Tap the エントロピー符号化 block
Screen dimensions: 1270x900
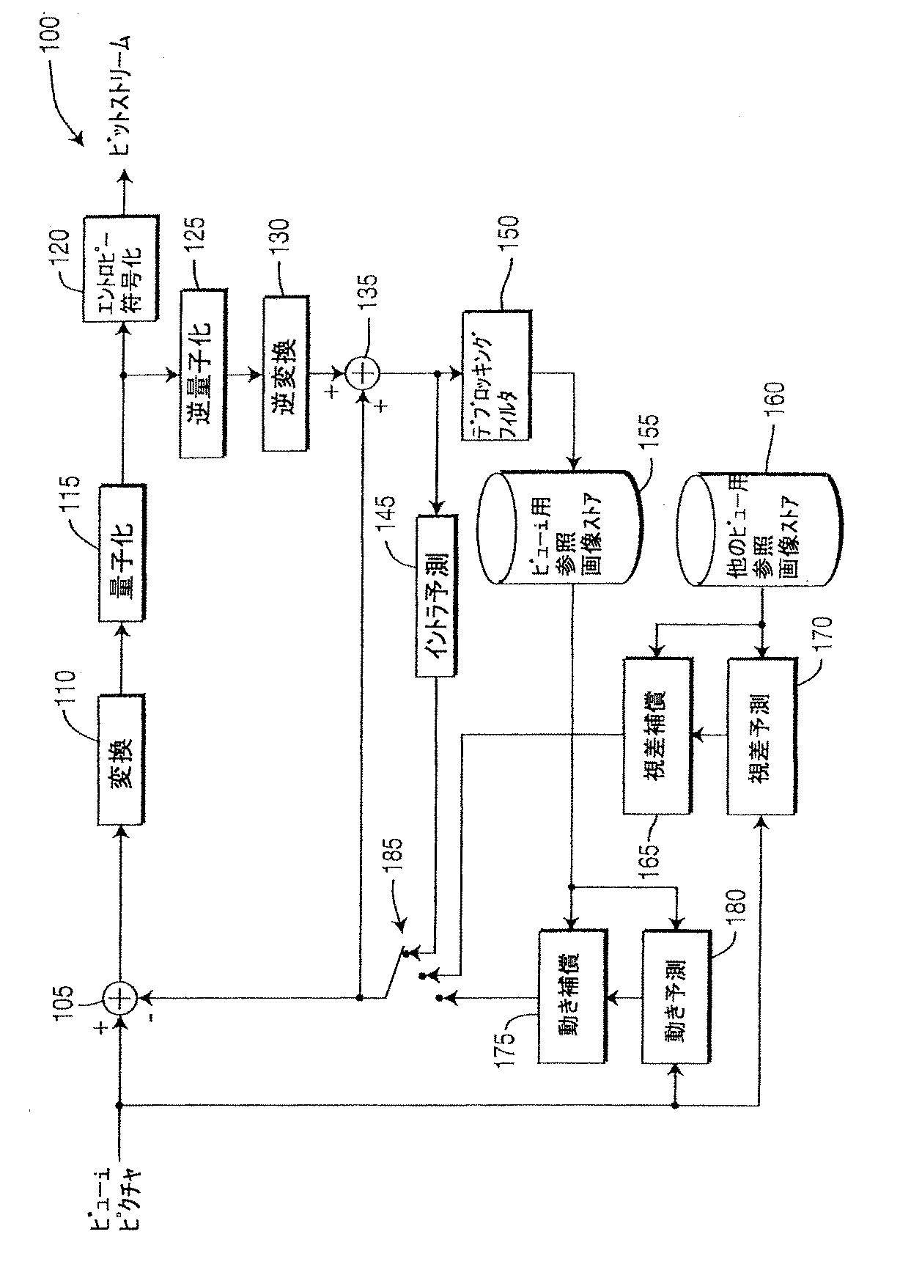tap(121, 269)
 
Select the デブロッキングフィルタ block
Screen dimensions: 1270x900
tap(496, 375)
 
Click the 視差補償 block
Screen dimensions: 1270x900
tap(657, 735)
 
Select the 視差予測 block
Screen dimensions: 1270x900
tap(761, 735)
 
